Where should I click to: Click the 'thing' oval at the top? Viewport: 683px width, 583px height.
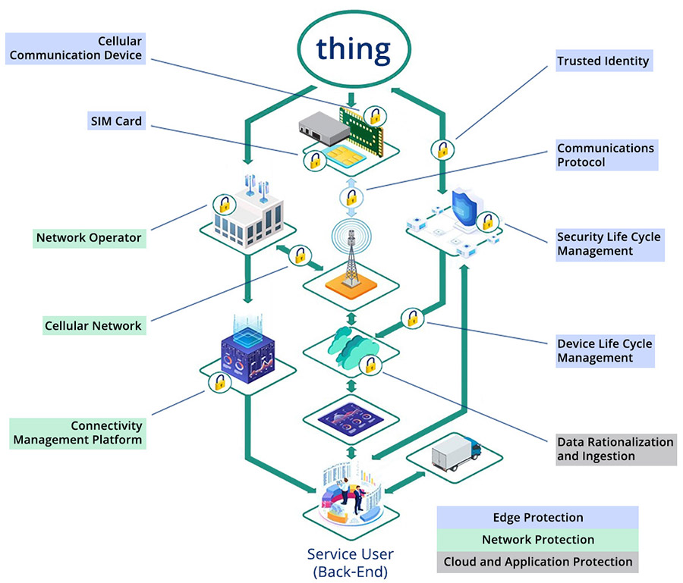point(354,49)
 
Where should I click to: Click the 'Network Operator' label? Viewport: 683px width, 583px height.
point(89,237)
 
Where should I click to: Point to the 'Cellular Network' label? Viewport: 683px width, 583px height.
point(93,325)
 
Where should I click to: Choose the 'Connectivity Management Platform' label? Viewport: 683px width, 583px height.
point(77,432)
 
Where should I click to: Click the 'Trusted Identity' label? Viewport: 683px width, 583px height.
point(603,61)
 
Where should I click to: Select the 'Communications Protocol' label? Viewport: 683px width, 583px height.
point(606,155)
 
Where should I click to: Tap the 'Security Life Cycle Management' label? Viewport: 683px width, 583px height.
point(609,243)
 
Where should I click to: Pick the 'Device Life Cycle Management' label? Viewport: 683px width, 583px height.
point(605,350)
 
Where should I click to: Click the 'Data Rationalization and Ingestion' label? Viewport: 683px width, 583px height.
point(615,449)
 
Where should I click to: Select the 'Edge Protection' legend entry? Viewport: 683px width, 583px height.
point(537,518)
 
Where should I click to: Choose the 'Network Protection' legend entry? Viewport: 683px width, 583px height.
point(537,540)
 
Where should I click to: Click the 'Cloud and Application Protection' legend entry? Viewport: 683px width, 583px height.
point(537,562)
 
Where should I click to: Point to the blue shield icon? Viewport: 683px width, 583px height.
point(463,207)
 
